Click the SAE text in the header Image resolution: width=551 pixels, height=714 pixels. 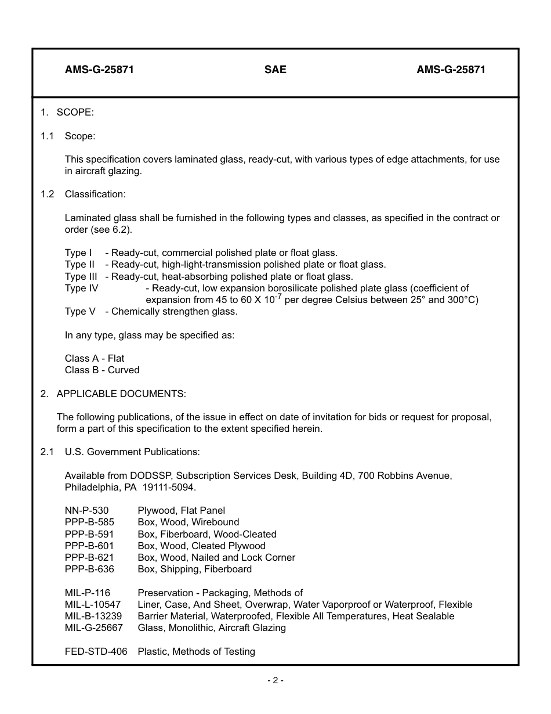click(x=275, y=70)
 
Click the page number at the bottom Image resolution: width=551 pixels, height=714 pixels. click(x=275, y=680)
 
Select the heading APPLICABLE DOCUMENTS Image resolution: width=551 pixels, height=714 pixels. click(x=121, y=394)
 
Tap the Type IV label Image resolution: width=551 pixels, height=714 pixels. click(x=81, y=288)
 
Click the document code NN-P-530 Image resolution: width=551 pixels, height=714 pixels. click(x=86, y=510)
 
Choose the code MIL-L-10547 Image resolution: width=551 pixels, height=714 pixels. click(x=93, y=604)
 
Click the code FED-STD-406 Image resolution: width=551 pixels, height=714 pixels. click(x=96, y=651)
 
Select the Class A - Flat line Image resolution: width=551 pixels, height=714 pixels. click(x=95, y=358)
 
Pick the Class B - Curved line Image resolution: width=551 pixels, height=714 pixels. click(x=102, y=370)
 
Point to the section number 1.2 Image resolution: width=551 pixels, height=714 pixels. click(x=47, y=194)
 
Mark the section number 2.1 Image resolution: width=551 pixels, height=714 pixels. click(x=47, y=452)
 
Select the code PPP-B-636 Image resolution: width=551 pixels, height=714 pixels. click(x=89, y=569)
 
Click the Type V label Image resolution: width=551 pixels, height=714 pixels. click(x=80, y=311)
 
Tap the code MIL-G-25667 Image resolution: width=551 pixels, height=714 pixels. click(x=93, y=628)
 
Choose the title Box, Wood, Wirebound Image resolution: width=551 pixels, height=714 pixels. click(x=188, y=522)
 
